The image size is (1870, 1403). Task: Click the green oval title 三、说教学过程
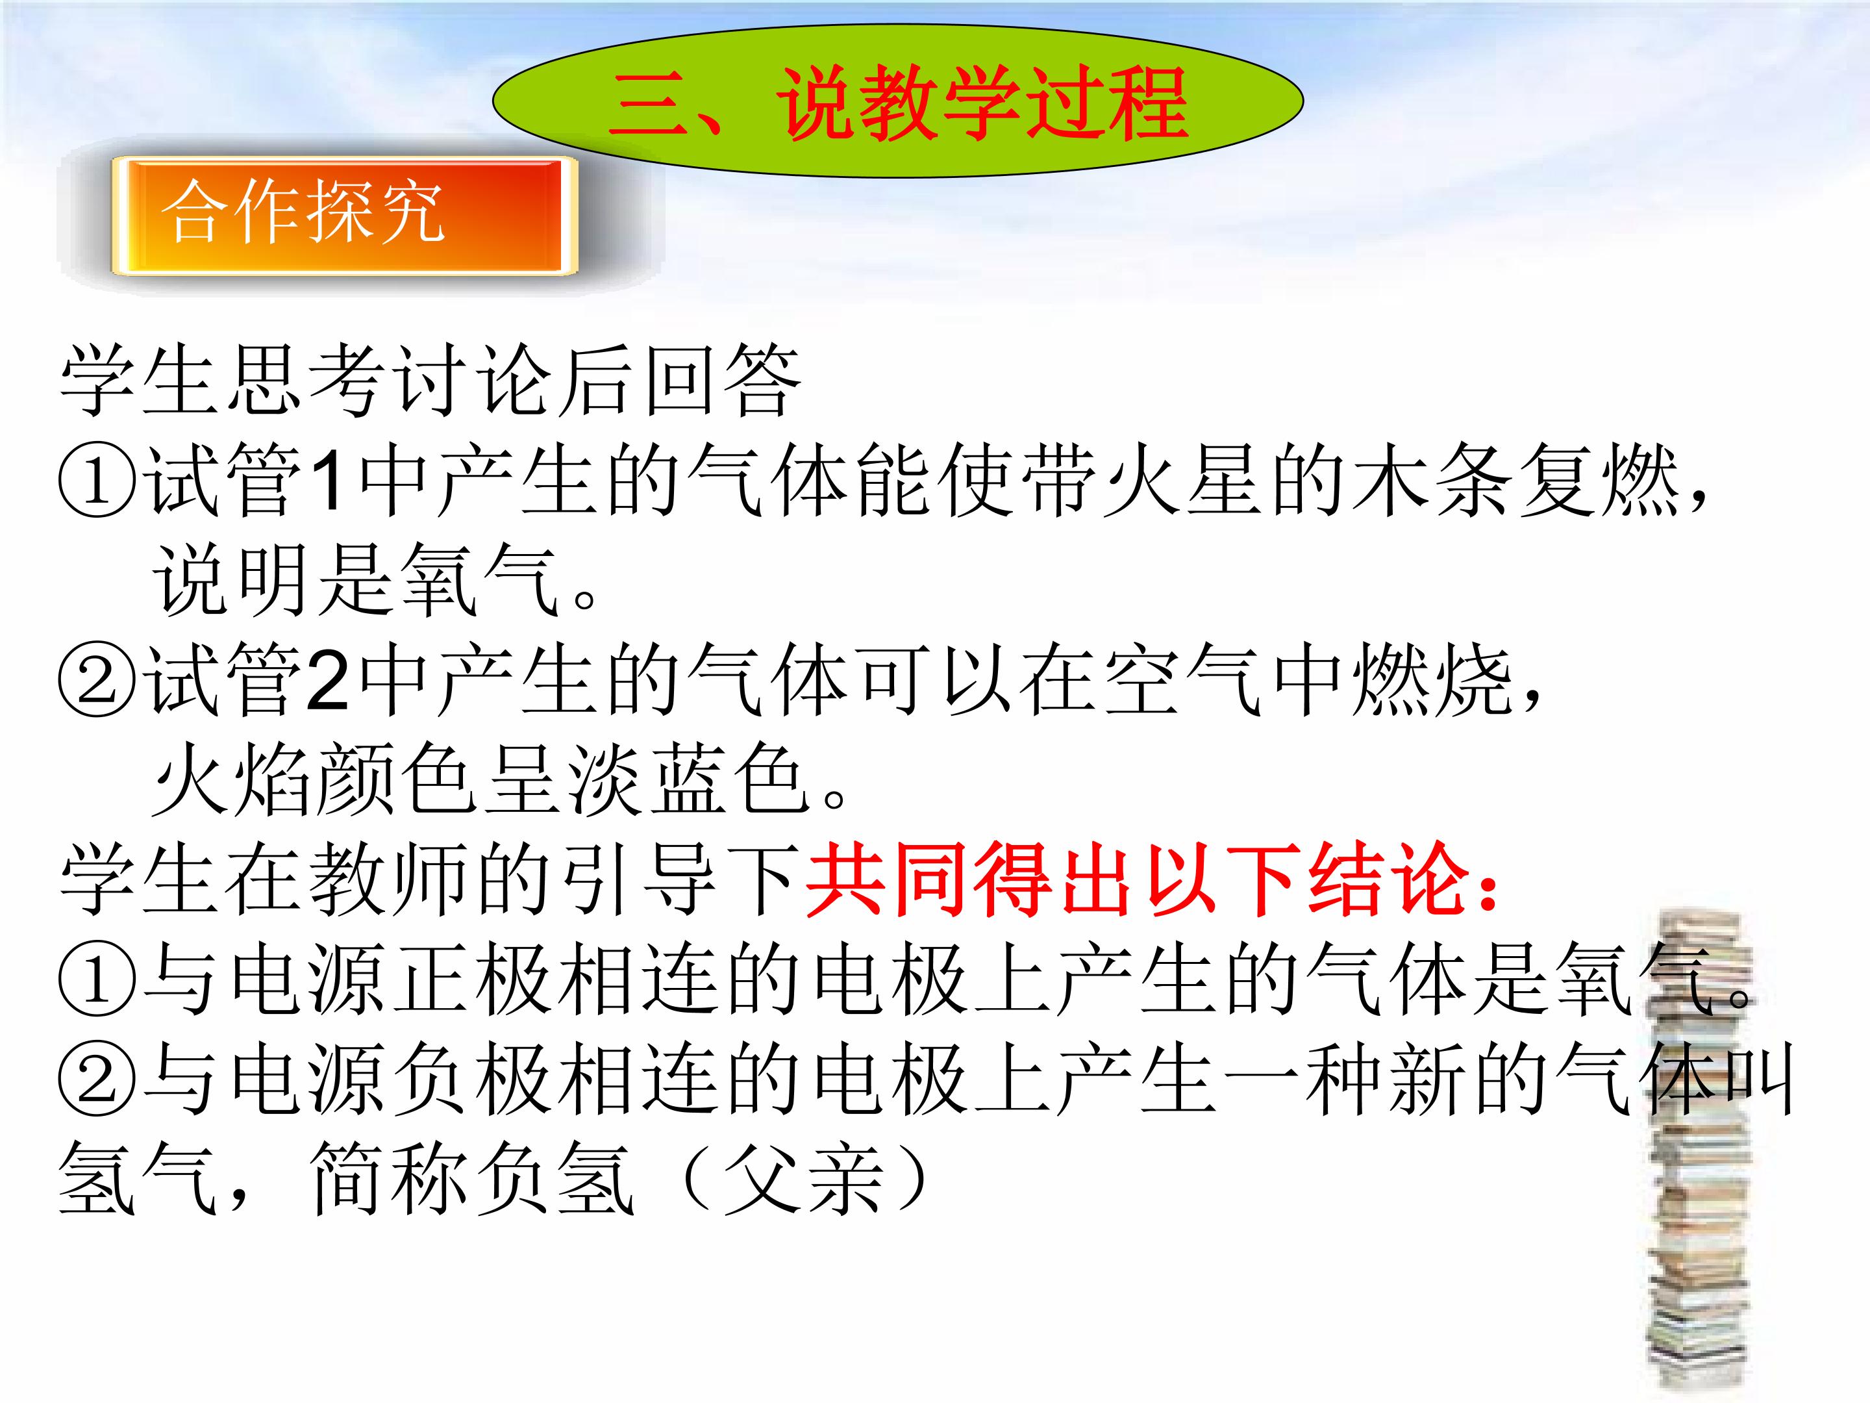(898, 101)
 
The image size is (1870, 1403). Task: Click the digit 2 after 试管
(328, 681)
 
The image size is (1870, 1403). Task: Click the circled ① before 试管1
(97, 482)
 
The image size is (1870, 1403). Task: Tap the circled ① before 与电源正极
(97, 983)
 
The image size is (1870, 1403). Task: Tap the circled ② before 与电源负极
(97, 1083)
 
